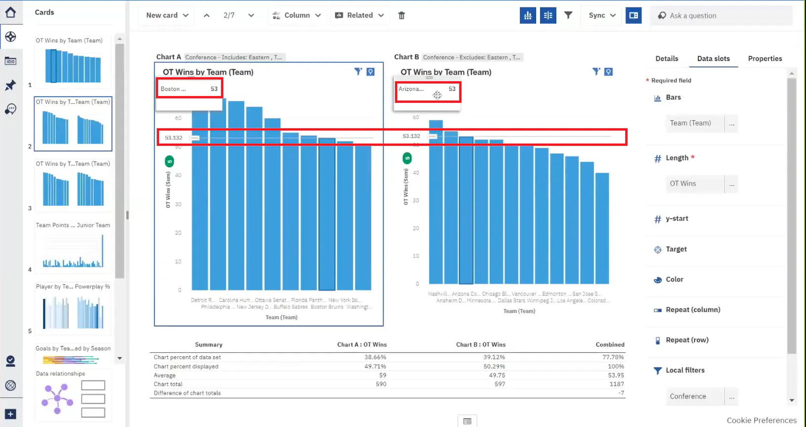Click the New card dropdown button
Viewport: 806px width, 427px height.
pos(167,15)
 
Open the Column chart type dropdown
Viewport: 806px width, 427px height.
pos(297,15)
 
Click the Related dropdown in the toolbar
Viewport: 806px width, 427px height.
pos(359,15)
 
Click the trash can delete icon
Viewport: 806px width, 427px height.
pos(401,15)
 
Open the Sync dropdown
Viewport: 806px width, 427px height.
pos(602,15)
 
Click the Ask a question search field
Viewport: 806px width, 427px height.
pos(721,16)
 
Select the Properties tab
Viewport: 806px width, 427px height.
pos(764,58)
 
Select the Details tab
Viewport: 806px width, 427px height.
pos(667,58)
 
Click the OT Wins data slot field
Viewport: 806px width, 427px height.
pos(694,184)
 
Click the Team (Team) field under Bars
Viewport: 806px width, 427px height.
pos(694,123)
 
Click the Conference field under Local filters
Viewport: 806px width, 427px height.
pos(694,396)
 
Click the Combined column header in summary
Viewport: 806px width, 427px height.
pos(610,344)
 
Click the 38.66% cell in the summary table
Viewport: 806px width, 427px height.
pos(375,357)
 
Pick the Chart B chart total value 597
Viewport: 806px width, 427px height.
pos(500,384)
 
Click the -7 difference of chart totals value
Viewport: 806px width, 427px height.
pos(621,393)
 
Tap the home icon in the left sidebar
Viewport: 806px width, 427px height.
pos(10,12)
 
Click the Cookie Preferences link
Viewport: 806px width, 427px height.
pos(761,420)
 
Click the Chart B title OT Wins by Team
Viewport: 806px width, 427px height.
pos(446,72)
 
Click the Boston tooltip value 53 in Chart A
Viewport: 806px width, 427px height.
pos(214,89)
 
